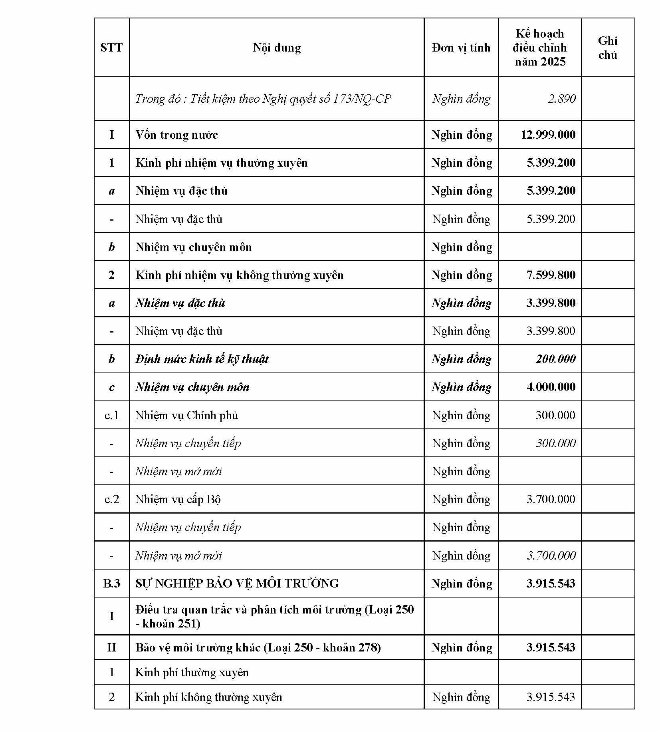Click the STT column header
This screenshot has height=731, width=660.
[x=111, y=48]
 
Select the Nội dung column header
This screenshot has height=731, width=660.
[x=277, y=48]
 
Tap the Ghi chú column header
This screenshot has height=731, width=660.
[x=607, y=48]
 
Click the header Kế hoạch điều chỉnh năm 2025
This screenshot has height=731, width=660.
[x=540, y=48]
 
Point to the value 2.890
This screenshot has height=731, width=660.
[x=561, y=99]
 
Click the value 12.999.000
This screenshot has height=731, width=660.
[x=548, y=135]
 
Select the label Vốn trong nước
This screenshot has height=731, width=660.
[x=176, y=135]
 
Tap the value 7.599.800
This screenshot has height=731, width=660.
[x=551, y=275]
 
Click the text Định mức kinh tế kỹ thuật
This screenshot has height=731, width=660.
[x=202, y=359]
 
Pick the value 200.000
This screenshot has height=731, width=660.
[x=555, y=359]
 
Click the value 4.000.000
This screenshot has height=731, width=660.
[x=551, y=387]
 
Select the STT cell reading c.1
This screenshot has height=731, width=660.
[x=111, y=415]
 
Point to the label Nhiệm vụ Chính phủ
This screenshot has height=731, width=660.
[x=186, y=415]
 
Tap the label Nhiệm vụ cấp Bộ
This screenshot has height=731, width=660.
[x=178, y=499]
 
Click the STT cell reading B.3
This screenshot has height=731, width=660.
[x=111, y=584]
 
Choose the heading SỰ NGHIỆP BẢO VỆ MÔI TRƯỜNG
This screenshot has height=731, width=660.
[x=237, y=584]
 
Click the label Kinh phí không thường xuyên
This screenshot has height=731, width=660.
[x=208, y=697]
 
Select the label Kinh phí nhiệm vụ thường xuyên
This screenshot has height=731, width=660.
[x=222, y=163]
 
